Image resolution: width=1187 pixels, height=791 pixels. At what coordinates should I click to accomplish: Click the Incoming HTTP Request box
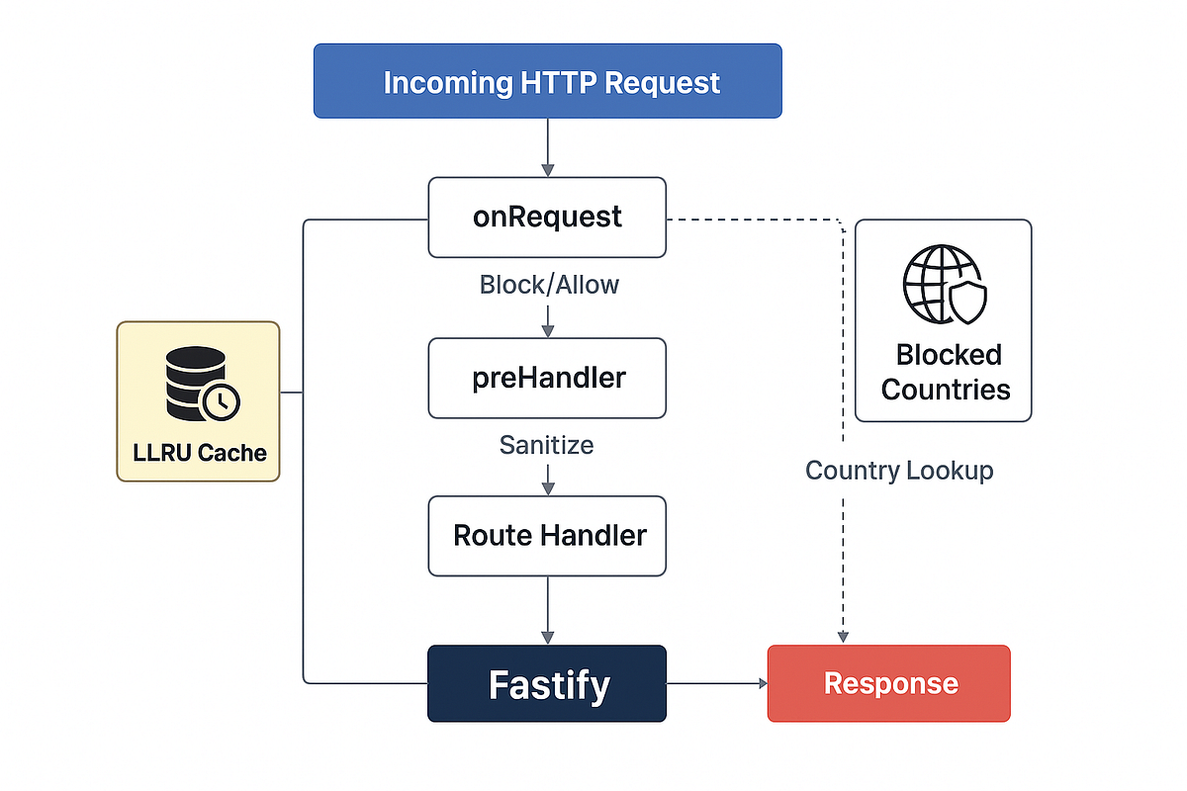(547, 81)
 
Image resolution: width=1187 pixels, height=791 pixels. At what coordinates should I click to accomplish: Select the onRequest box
(547, 217)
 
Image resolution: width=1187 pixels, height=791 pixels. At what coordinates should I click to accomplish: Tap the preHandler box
(547, 378)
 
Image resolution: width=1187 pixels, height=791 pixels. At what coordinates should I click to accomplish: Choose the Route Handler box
(547, 536)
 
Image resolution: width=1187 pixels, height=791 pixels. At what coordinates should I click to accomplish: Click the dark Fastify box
(547, 683)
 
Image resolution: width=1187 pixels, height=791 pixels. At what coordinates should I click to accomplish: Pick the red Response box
(888, 683)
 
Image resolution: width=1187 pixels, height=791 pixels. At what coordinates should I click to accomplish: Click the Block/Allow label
(549, 285)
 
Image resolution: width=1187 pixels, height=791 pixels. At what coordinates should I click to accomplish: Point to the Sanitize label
(546, 445)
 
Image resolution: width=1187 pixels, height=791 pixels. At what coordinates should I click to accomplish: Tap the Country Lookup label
(898, 470)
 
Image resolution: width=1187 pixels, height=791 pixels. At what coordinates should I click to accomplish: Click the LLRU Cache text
(200, 453)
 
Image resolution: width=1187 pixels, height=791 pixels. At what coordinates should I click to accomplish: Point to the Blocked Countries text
(945, 372)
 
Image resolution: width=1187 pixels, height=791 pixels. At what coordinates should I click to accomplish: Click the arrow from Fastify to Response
(717, 683)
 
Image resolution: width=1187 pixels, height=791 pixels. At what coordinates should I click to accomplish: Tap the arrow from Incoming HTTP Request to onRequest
(547, 147)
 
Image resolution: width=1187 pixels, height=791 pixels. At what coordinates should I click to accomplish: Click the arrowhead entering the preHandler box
(547, 330)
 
